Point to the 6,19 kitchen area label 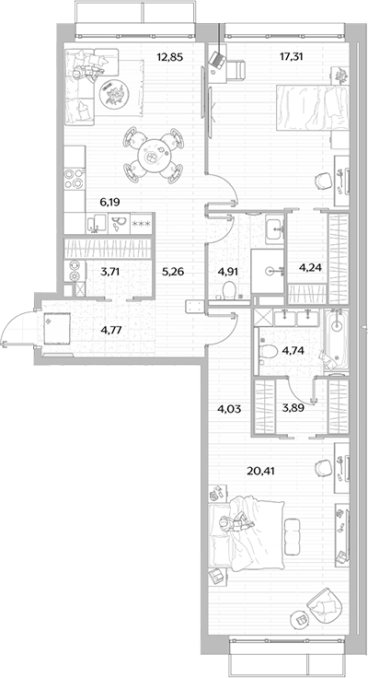[x=110, y=202]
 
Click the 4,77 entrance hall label [x=110, y=330]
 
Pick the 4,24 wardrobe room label [x=309, y=267]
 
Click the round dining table [x=152, y=157]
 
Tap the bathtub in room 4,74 [x=337, y=341]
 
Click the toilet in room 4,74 [x=270, y=351]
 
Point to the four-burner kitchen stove [x=75, y=178]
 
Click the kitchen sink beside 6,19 [x=96, y=224]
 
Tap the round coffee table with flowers [x=115, y=94]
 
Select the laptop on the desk [x=217, y=60]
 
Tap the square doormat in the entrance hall [x=57, y=328]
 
